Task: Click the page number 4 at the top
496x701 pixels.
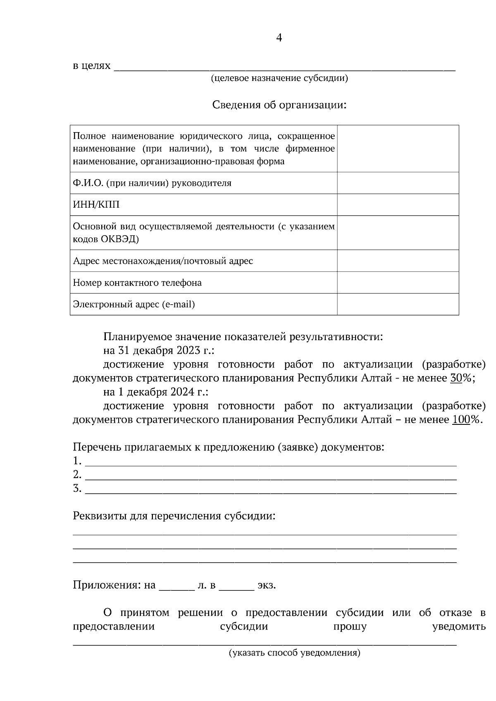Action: [279, 38]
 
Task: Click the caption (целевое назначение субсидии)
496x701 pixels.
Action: [279, 78]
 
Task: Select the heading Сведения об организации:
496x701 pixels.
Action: [279, 105]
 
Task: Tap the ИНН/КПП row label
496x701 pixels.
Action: [96, 204]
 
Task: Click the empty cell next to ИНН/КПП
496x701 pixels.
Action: [398, 204]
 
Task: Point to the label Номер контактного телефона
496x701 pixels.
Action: [137, 283]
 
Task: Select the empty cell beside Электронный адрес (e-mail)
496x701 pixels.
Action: [398, 304]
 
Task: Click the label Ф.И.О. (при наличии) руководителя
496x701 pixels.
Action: [152, 183]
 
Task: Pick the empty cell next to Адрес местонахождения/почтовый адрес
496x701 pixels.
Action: [398, 261]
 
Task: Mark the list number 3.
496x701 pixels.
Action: [77, 488]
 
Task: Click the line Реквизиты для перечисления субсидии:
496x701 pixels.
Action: [174, 516]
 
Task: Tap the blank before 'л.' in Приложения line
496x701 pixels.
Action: [176, 586]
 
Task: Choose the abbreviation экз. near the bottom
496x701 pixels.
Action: [267, 585]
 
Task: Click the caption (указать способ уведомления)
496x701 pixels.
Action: [295, 653]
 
